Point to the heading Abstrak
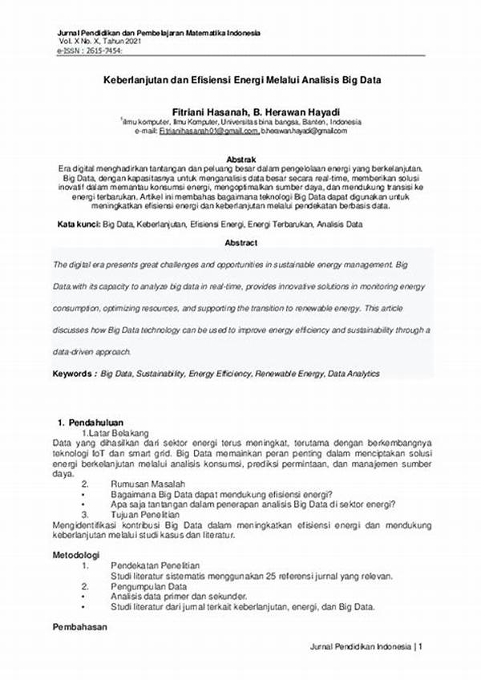241,159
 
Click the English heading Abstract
241,242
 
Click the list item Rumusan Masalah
148,484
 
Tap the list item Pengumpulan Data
148,585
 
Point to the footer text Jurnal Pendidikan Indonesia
360,646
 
